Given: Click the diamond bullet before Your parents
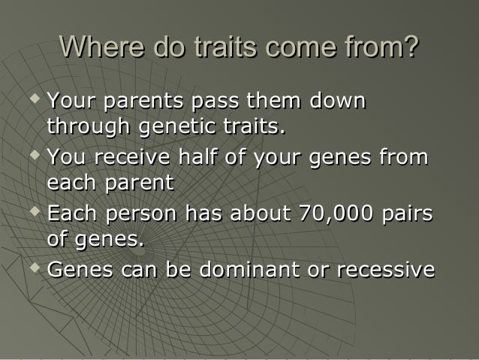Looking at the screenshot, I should pos(35,98).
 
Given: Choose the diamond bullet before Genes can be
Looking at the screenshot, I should pos(35,266).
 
